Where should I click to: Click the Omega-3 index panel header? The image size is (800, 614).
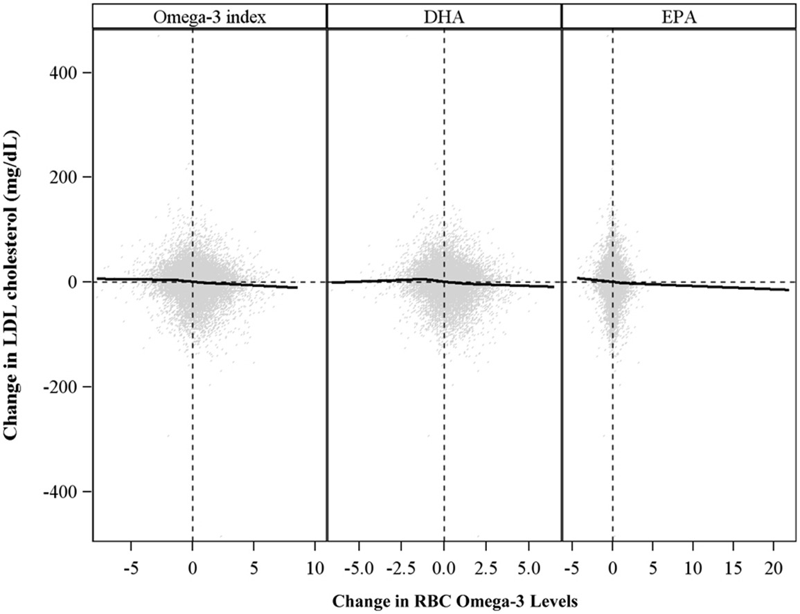[209, 17]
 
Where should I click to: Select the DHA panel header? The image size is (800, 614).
[443, 17]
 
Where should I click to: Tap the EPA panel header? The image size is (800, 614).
[678, 17]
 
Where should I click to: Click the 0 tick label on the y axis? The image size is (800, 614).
[78, 282]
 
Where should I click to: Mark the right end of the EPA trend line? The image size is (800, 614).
[788, 290]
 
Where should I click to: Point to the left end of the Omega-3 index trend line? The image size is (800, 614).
[98, 278]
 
